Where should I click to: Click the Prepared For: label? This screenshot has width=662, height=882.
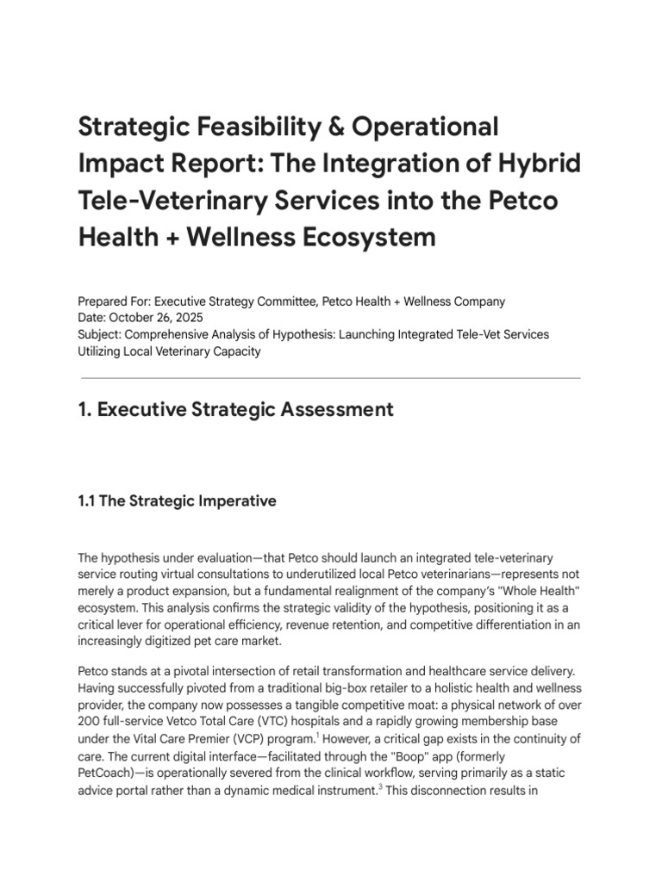pyautogui.click(x=115, y=301)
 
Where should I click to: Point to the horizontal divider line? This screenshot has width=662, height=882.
pyautogui.click(x=330, y=378)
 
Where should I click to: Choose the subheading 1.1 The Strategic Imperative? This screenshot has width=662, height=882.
pyautogui.click(x=177, y=500)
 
